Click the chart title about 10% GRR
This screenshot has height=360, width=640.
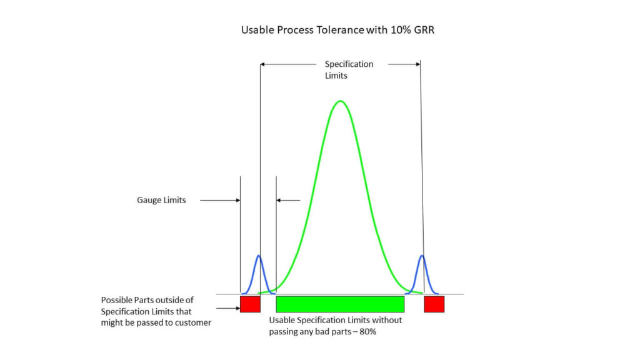click(x=337, y=30)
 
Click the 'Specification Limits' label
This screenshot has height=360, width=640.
click(x=349, y=70)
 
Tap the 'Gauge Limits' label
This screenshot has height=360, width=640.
click(x=161, y=200)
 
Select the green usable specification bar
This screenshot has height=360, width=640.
click(x=340, y=304)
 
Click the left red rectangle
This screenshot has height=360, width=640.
click(x=250, y=304)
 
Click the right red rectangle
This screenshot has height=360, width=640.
click(x=434, y=304)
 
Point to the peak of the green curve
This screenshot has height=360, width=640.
click(x=341, y=101)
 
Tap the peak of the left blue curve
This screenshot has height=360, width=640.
click(x=258, y=256)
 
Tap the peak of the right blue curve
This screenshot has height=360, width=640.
click(x=422, y=256)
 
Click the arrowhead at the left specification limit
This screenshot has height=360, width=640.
click(x=262, y=64)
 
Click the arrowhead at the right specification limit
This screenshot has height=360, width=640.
click(x=418, y=64)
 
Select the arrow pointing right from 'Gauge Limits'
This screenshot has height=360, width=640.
click(x=220, y=201)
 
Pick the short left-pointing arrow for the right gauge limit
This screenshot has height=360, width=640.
click(x=288, y=201)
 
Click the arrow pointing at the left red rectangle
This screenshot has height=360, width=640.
click(x=228, y=308)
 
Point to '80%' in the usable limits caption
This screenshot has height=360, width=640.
click(x=367, y=331)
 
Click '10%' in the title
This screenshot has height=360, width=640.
click(x=401, y=30)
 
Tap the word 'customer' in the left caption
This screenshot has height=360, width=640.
click(x=193, y=323)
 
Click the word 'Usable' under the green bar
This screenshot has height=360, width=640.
click(x=282, y=320)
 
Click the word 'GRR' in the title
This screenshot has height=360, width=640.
click(x=424, y=30)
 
